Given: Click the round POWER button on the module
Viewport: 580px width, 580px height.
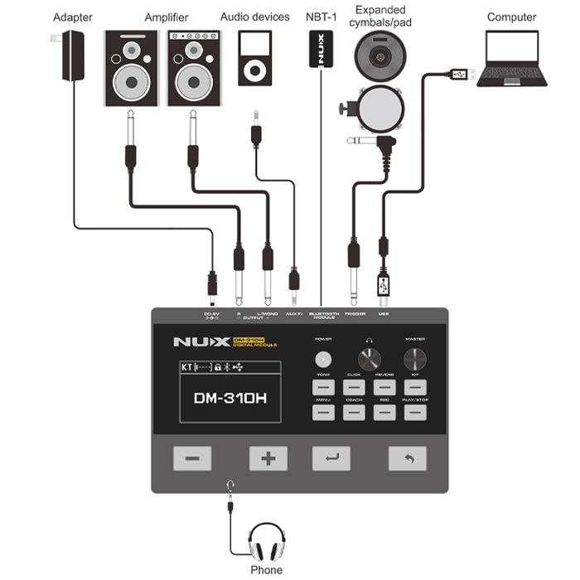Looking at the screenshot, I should click(x=322, y=359).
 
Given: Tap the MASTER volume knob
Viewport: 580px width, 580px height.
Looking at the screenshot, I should click(x=414, y=359).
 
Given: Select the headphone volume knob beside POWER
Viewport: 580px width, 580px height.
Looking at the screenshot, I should click(x=368, y=359).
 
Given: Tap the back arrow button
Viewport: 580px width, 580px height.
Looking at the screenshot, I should click(x=408, y=457).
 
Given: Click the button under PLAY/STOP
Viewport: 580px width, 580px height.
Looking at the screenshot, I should click(x=414, y=412).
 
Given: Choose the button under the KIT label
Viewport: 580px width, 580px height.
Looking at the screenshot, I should click(x=414, y=387).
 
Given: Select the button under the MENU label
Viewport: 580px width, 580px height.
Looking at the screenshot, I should click(x=322, y=412).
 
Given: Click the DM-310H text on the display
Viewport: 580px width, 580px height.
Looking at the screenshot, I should click(x=230, y=397).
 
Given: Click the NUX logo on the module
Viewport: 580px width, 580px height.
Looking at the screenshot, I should click(x=200, y=341).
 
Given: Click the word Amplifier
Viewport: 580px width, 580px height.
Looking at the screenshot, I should click(x=166, y=17).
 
